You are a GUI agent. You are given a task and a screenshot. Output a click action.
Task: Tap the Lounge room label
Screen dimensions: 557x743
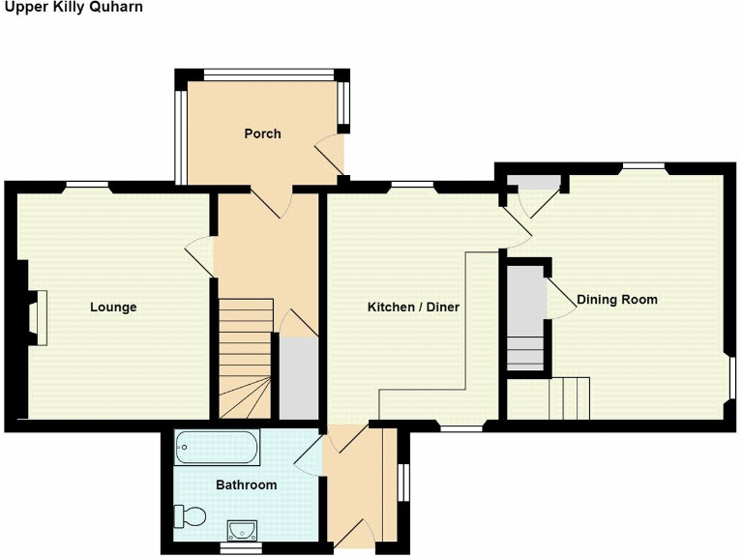[x=113, y=308]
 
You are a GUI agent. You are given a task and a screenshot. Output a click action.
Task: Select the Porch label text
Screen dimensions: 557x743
[x=262, y=133]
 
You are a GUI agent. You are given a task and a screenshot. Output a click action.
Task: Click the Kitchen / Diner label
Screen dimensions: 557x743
[x=413, y=308]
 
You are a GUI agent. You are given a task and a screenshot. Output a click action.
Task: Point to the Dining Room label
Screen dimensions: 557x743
[x=617, y=300]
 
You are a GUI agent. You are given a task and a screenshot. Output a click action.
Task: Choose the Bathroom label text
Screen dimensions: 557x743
[x=247, y=484]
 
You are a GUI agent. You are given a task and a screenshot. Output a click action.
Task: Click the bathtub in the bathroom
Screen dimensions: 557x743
[x=217, y=448]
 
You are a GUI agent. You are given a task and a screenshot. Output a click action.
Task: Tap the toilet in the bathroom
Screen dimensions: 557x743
[x=188, y=516]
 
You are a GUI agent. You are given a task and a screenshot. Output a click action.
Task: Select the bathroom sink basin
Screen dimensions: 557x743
[x=241, y=529]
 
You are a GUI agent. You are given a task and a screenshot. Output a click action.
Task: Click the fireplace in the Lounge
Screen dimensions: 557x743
[x=36, y=317]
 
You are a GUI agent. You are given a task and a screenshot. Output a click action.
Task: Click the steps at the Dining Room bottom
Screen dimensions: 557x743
[x=569, y=396]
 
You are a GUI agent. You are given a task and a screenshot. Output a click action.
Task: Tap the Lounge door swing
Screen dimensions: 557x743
[x=199, y=256]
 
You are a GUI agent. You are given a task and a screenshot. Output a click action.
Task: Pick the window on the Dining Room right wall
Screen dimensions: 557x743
[x=732, y=376]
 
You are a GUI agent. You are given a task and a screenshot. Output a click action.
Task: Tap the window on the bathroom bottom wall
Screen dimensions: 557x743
[x=239, y=548]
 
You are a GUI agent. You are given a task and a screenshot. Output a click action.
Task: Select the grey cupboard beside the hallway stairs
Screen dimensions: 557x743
[x=299, y=378]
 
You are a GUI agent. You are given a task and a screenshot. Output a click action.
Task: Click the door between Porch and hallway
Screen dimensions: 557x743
[x=272, y=200]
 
